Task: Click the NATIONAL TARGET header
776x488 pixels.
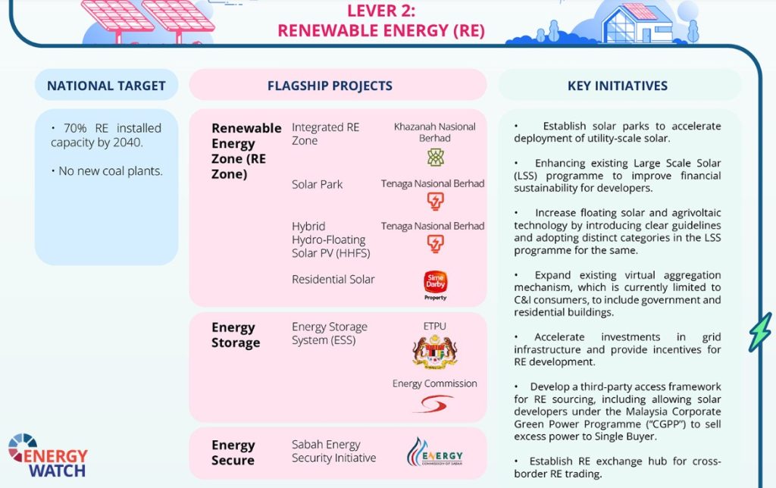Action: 106,86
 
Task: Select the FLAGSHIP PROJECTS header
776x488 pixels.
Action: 330,86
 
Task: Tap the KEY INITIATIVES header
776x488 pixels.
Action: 618,86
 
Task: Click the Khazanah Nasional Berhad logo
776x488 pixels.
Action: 435,158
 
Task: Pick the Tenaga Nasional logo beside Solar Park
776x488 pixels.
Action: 435,201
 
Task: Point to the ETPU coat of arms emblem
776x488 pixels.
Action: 435,352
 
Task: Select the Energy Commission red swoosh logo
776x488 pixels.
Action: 433,403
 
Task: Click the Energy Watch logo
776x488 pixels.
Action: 47,455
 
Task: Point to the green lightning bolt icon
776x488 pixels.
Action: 759,332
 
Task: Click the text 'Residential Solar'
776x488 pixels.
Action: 333,280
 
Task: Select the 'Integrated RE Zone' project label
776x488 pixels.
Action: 326,134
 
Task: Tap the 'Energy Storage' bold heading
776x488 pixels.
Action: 236,335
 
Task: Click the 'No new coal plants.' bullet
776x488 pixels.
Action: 110,171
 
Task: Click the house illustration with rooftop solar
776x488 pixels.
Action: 636,23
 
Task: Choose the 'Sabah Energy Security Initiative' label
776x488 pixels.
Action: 333,451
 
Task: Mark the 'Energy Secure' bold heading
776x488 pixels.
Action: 233,452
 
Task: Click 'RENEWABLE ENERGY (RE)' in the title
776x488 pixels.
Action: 380,31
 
